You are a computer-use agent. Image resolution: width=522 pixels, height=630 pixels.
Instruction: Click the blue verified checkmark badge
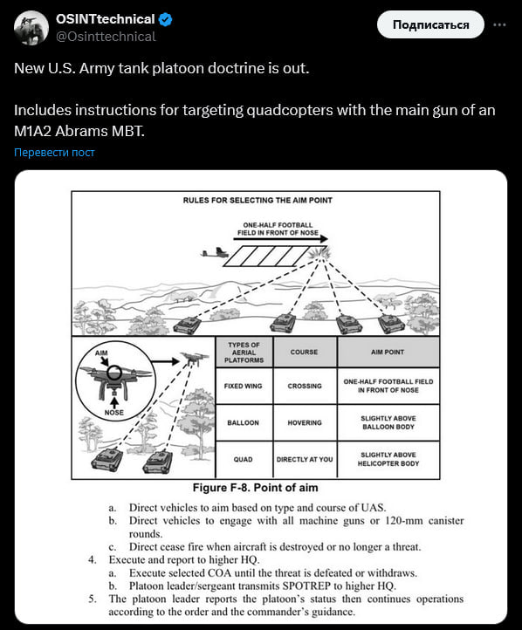(165, 19)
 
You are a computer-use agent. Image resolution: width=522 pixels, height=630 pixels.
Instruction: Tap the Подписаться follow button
(430, 25)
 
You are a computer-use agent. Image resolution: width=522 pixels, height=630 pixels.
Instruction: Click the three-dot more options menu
(499, 25)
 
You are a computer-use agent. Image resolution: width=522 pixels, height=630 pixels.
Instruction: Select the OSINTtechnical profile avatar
(31, 28)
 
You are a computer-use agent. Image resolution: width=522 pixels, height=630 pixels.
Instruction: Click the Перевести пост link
(54, 153)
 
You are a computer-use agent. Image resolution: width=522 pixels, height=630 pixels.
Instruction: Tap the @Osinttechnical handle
(106, 37)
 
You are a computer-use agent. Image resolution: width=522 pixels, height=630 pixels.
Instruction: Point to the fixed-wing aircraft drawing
(215, 253)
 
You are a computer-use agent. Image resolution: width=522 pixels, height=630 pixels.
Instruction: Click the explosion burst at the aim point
(319, 254)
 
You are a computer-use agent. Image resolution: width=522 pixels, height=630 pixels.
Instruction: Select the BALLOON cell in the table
(244, 422)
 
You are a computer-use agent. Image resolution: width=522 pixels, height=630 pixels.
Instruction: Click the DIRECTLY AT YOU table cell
(305, 459)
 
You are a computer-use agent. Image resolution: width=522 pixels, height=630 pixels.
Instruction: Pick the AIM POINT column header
(388, 352)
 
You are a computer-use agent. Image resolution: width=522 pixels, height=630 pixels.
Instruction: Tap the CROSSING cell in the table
(305, 387)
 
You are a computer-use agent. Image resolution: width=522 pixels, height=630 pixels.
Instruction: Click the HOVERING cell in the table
(305, 422)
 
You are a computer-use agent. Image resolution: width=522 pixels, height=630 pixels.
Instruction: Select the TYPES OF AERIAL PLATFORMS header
(244, 353)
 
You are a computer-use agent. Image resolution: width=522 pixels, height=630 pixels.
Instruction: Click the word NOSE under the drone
(114, 413)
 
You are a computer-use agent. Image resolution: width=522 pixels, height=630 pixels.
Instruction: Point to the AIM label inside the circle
(101, 353)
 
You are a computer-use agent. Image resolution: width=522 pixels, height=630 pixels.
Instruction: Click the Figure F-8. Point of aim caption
(256, 488)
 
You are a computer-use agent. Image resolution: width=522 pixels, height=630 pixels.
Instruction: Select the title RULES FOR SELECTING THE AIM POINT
(258, 200)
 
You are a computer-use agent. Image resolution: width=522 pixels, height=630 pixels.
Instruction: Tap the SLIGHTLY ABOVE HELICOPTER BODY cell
(388, 459)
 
